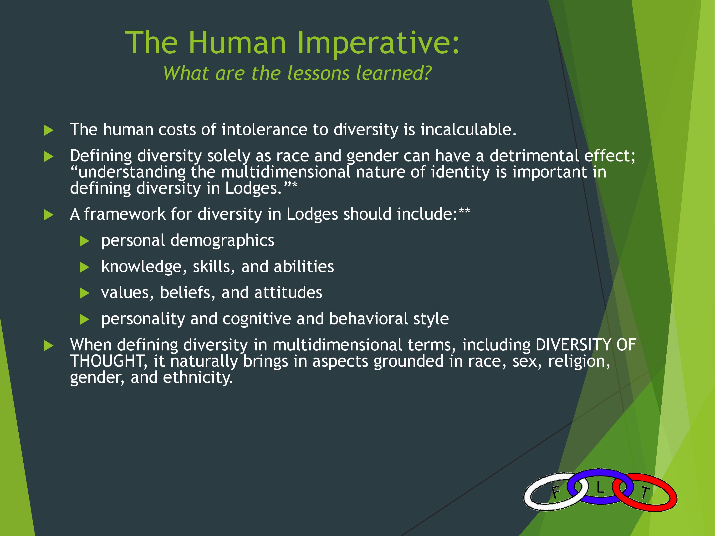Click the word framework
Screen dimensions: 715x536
click(x=125, y=214)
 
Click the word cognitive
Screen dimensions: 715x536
click(x=257, y=319)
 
